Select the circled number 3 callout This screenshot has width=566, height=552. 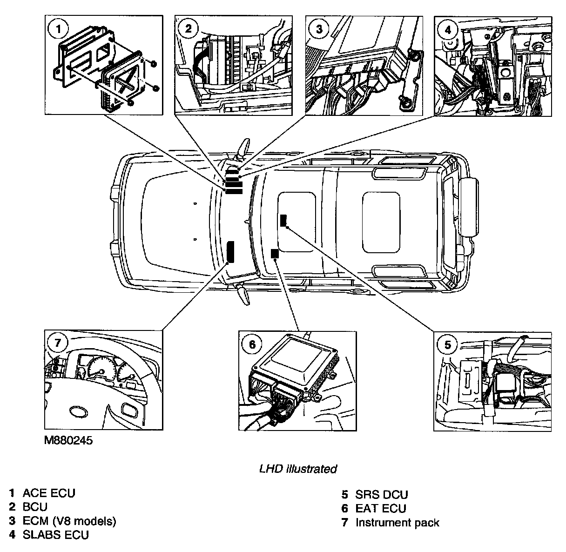click(x=319, y=29)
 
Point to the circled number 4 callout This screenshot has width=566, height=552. click(x=448, y=30)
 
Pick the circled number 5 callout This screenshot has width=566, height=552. click(x=448, y=345)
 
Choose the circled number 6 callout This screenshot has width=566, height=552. click(x=252, y=344)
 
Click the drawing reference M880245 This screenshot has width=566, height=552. click(x=65, y=440)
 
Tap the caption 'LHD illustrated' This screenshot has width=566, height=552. click(x=298, y=469)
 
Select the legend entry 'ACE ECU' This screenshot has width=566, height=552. click(x=49, y=493)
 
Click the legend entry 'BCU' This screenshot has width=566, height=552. click(x=35, y=507)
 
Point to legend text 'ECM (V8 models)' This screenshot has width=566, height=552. click(x=69, y=521)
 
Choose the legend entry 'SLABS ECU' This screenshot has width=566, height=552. click(x=55, y=535)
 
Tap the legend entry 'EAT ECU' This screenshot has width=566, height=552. click(x=381, y=508)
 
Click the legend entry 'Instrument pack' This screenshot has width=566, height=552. click(x=397, y=523)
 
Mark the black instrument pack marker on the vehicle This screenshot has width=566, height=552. click(x=230, y=252)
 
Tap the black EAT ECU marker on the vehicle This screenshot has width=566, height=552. click(x=274, y=254)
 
